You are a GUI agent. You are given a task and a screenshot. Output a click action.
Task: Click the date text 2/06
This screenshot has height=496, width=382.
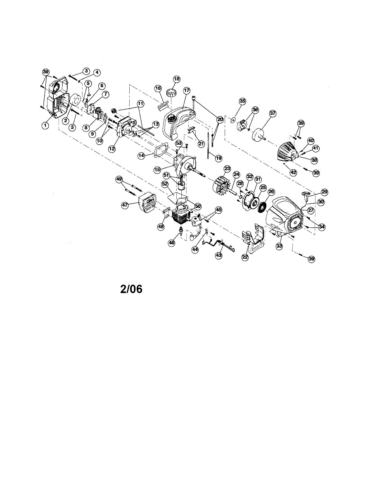coord(131,289)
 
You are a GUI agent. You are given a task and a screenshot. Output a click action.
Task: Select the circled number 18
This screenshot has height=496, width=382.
coord(177,79)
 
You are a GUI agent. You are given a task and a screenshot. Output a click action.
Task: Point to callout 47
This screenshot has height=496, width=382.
coord(124,204)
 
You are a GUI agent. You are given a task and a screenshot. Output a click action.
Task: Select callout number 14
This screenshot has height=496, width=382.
coord(141,156)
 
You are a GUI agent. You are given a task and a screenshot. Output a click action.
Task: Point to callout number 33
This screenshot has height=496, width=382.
coord(279,246)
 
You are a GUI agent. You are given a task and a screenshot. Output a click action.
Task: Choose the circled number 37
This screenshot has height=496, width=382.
coord(272,113)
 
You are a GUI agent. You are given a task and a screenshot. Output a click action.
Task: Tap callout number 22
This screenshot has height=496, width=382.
coord(245,257)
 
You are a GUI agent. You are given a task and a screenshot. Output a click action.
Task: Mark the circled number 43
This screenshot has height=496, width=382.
coord(219,255)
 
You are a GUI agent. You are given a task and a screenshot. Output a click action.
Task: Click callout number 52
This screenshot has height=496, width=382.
coord(165,183)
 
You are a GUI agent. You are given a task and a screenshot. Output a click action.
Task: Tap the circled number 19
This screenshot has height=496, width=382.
coord(218,158)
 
